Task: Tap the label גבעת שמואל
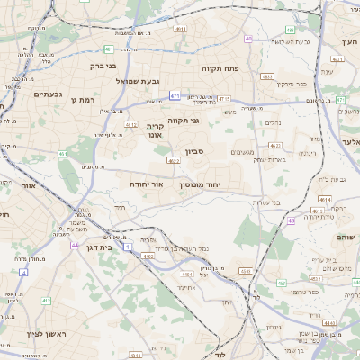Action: pyautogui.click(x=137, y=81)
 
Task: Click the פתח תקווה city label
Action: pyautogui.click(x=244, y=68)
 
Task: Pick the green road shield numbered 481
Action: pyautogui.click(x=109, y=49)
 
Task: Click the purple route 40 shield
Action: pyautogui.click(x=248, y=39)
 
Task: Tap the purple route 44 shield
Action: pyautogui.click(x=75, y=245)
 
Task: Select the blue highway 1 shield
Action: pyautogui.click(x=128, y=247)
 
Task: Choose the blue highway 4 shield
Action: pyautogui.click(x=23, y=270)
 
